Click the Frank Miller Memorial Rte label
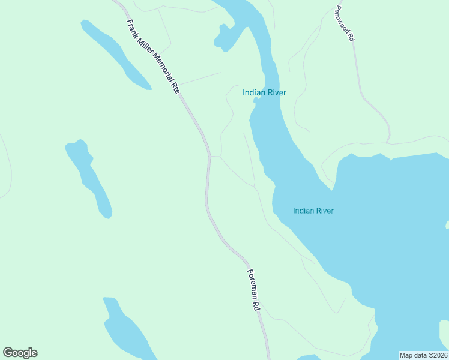(153, 56)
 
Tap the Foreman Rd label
(253, 289)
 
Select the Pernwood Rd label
(345, 23)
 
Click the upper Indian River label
(264, 92)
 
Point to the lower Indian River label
(313, 211)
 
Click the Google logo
(20, 353)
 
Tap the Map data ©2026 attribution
(423, 355)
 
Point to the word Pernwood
(342, 19)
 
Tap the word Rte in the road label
(175, 87)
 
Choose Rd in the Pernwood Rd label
(351, 37)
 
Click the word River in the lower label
(324, 211)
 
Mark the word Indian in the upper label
(254, 92)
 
